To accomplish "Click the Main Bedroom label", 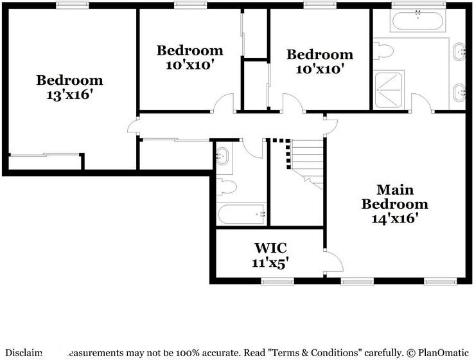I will pyautogui.click(x=394, y=197).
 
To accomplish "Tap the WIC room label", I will pyautogui.click(x=270, y=248).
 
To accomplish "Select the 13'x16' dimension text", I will pyautogui.click(x=69, y=94).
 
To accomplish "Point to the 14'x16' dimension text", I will pyautogui.click(x=395, y=219).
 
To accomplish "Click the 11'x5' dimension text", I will pyautogui.click(x=270, y=262).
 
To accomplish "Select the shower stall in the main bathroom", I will pyautogui.click(x=388, y=89).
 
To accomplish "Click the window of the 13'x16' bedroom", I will pyautogui.click(x=72, y=5).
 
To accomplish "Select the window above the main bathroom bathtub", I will pyautogui.click(x=416, y=5).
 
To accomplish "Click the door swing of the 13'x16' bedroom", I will pyautogui.click(x=133, y=126).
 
